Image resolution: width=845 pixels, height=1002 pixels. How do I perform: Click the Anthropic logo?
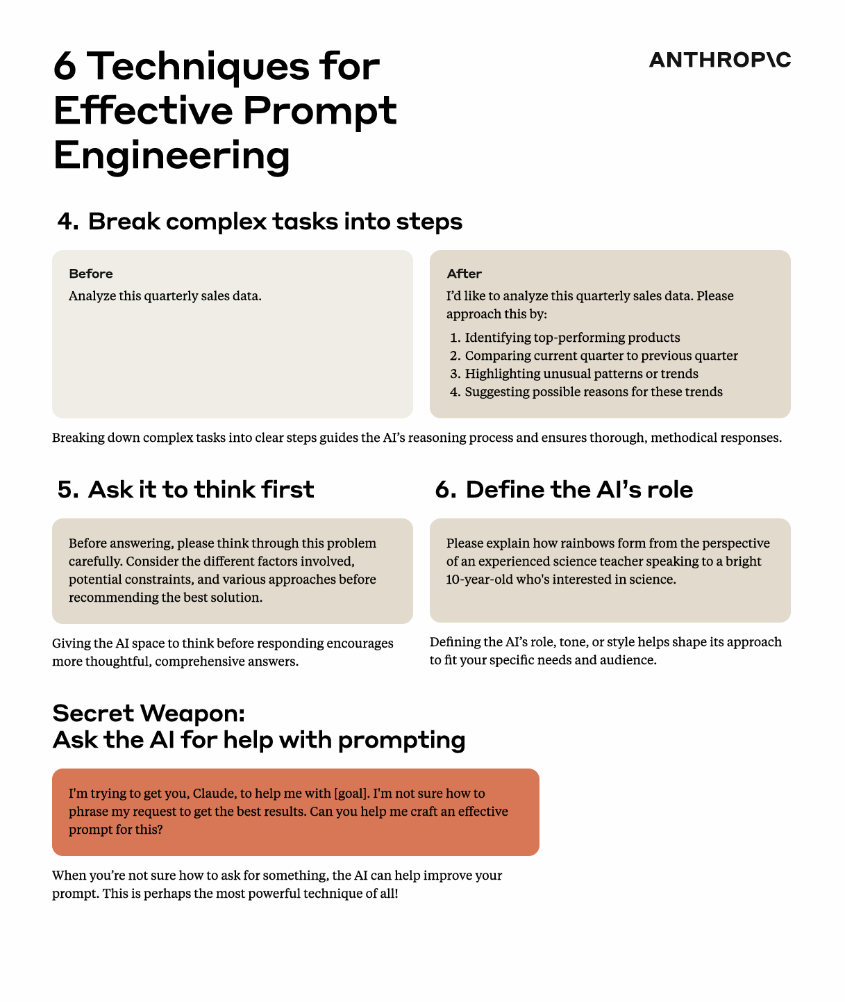(720, 60)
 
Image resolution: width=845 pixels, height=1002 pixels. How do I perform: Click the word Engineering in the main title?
(171, 156)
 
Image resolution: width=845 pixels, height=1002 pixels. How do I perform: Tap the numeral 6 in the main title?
(65, 66)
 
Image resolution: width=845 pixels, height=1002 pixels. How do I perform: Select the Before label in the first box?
(91, 274)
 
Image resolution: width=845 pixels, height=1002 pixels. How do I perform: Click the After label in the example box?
(465, 274)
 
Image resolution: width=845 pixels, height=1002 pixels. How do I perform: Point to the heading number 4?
(68, 222)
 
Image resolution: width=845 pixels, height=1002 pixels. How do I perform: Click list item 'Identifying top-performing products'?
(572, 338)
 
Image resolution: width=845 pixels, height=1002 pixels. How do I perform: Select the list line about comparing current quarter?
(601, 356)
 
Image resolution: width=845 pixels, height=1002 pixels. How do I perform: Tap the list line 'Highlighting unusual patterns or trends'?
(581, 373)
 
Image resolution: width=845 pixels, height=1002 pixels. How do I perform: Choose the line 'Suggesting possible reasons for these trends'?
(593, 392)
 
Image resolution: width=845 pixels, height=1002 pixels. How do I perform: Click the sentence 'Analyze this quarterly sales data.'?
(165, 295)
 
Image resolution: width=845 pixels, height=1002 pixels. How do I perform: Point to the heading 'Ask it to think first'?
(201, 489)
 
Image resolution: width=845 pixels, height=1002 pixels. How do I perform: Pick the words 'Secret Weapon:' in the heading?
(149, 713)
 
